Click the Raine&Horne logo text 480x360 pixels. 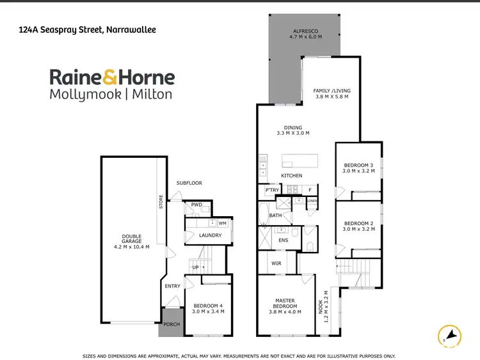(x=112, y=78)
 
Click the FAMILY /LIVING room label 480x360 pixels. (x=332, y=91)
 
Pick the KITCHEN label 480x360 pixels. (x=292, y=176)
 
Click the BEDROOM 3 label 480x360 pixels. (x=358, y=165)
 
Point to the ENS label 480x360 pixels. (x=284, y=240)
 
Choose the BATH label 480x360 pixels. (x=275, y=215)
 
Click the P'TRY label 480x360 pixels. (x=272, y=190)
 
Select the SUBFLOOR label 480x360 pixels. (x=189, y=183)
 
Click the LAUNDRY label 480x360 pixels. (x=210, y=235)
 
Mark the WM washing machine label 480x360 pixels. (x=223, y=223)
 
